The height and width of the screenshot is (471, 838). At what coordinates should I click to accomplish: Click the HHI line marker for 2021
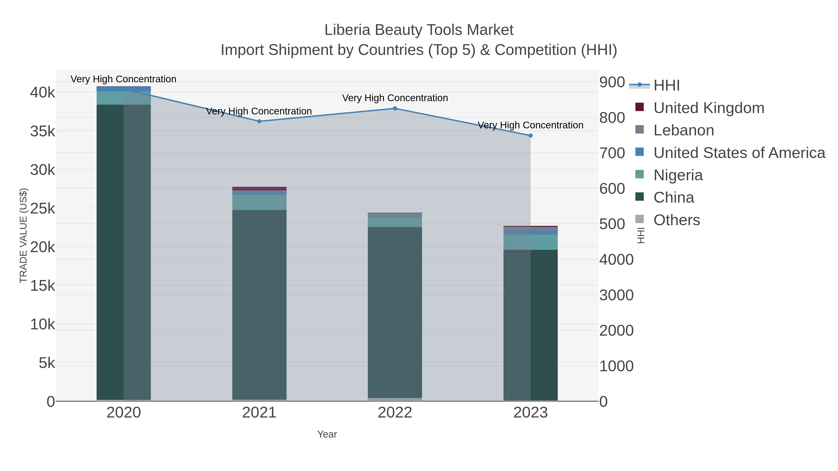point(259,121)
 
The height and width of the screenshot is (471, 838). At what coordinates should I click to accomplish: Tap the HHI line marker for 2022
point(395,108)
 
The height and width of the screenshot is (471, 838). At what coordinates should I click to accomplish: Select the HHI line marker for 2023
point(531,136)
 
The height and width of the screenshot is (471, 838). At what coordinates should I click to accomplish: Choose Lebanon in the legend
point(683,130)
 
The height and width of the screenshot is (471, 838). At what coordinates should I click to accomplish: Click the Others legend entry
point(677,220)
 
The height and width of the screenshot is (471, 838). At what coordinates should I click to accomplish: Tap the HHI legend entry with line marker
point(666,85)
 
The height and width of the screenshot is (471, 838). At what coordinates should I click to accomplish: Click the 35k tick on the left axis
point(43,131)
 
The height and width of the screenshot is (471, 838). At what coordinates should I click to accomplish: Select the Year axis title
point(327,434)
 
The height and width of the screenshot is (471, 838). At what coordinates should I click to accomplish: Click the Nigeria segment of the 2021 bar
point(259,202)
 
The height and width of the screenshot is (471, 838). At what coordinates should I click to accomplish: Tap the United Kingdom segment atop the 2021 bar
point(259,189)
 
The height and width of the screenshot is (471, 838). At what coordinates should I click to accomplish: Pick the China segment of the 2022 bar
point(395,312)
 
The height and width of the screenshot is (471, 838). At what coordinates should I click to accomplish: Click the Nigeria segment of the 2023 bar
point(531,242)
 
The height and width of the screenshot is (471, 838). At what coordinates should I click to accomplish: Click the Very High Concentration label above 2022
point(395,98)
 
